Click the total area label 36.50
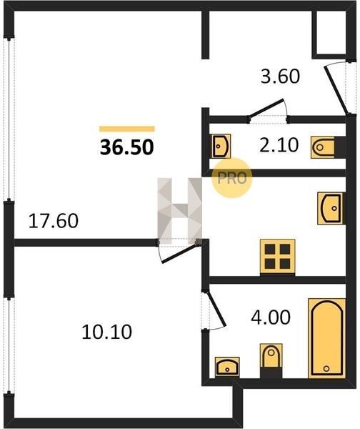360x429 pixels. click(127, 147)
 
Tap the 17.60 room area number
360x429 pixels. click(54, 221)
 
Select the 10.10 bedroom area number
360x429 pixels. click(107, 332)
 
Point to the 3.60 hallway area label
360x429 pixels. click(280, 77)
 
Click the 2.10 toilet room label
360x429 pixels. click(279, 145)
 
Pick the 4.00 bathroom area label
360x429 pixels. click(271, 317)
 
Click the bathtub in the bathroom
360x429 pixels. click(326, 338)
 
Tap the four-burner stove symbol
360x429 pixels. click(277, 257)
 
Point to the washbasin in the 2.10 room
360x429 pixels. click(220, 146)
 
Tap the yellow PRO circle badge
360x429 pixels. click(232, 178)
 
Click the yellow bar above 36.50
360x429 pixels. click(127, 129)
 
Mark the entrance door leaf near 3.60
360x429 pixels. click(336, 90)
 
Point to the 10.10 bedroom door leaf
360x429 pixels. click(180, 254)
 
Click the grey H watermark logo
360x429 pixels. click(179, 211)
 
